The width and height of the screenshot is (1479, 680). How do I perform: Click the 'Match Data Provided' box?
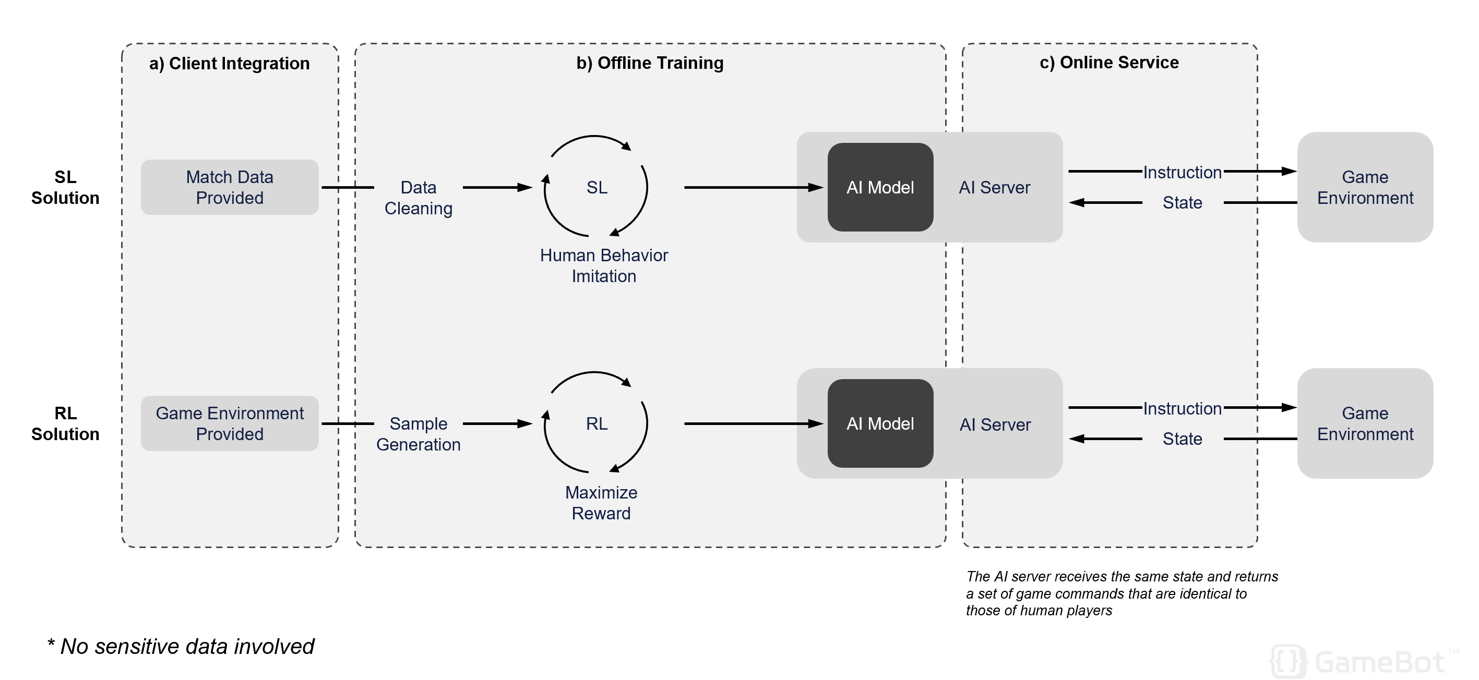[230, 187]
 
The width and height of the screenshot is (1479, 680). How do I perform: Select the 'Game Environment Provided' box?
[230, 423]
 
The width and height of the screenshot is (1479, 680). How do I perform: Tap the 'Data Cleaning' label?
[419, 198]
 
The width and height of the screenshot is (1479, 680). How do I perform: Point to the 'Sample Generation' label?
[419, 434]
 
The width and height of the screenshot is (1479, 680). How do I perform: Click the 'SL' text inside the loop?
[597, 188]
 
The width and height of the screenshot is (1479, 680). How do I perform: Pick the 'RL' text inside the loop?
[597, 423]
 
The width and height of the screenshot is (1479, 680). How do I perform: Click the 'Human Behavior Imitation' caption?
[604, 265]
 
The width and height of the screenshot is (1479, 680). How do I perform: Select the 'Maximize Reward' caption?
[601, 503]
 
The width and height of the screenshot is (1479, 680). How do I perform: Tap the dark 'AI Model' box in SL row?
[880, 187]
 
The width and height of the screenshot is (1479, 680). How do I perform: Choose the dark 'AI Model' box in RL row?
[880, 423]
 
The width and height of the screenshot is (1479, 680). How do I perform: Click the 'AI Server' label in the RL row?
[995, 424]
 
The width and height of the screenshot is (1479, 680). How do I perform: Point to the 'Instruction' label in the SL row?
[1182, 172]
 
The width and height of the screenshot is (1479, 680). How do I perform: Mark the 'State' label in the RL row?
[1182, 439]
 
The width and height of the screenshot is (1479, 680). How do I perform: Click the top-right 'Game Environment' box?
[1365, 187]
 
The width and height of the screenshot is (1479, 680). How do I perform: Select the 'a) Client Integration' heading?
[229, 63]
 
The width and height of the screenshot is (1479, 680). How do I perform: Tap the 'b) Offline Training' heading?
[650, 63]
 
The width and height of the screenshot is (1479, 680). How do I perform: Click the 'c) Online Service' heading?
[1110, 62]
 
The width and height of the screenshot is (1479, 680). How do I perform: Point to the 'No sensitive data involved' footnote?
[181, 647]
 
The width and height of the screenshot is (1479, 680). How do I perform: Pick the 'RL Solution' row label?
[65, 423]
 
